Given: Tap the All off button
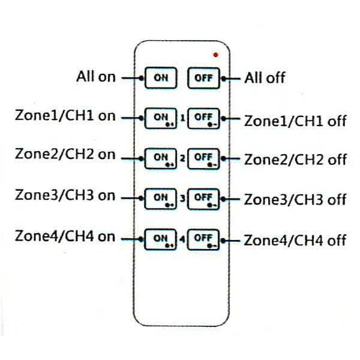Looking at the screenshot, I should tap(204, 78).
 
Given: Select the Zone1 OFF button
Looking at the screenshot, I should tap(204, 118).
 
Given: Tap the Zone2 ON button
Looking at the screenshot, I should tap(160, 158).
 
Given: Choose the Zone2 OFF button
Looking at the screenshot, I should tap(204, 158).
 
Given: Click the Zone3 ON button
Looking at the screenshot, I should tap(160, 198).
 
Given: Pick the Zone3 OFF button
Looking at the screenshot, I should tap(204, 198).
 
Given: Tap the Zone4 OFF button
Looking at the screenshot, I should tap(204, 239).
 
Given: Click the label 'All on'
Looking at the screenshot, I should tap(96, 77).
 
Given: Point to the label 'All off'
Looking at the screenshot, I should tap(265, 78).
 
